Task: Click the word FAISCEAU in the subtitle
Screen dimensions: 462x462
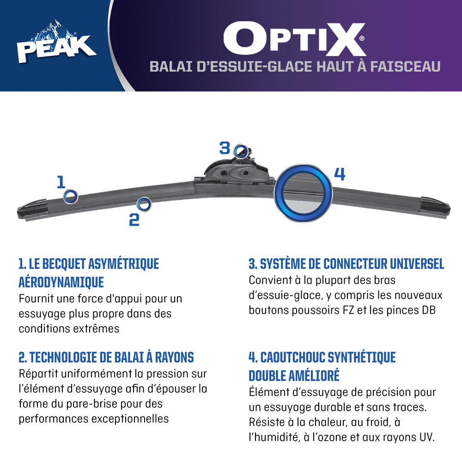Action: tap(405, 66)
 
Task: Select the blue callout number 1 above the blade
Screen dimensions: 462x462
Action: tap(61, 182)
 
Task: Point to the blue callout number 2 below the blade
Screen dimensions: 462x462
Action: tap(134, 219)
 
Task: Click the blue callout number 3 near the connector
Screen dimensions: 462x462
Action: tap(225, 148)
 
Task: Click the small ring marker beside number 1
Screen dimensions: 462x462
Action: tap(71, 196)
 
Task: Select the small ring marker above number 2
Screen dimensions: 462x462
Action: tap(144, 204)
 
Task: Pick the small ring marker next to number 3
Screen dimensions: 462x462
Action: tap(241, 152)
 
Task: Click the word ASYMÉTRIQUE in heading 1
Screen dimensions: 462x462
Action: tap(123, 264)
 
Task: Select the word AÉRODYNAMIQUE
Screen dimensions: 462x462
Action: tap(61, 282)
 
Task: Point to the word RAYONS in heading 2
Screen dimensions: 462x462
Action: tap(175, 358)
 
